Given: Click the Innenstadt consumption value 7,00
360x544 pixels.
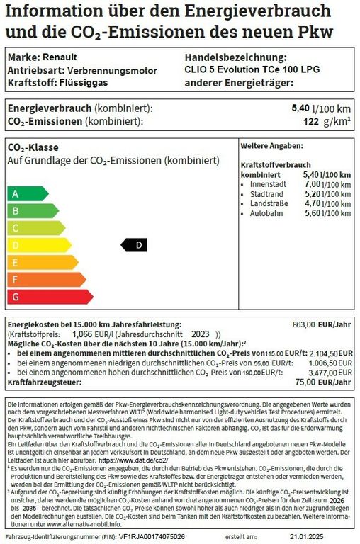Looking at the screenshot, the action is coord(313,183).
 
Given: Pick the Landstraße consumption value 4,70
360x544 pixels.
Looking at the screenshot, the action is coord(313,203).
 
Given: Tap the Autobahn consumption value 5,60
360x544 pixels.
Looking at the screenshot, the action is coord(313,213).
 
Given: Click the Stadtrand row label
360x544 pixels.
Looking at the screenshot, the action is coord(266,193).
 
